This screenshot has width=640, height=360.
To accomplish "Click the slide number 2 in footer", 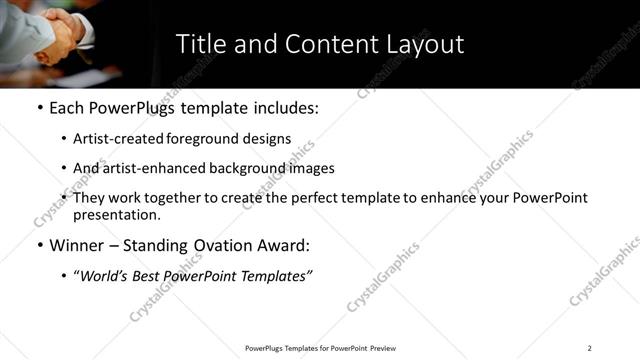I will tap(589, 348).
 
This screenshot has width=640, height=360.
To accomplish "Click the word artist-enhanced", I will tap(146, 169).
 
